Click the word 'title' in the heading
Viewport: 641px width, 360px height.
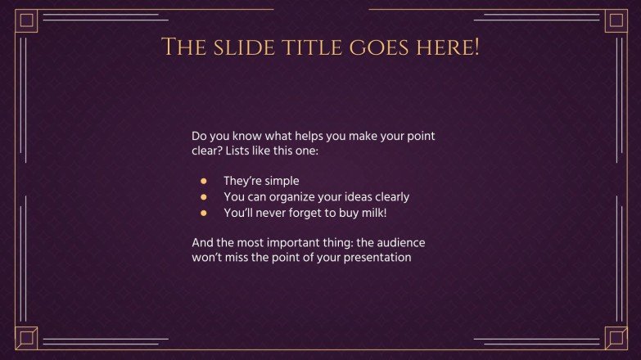coord(314,47)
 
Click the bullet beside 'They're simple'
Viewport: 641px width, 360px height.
coord(204,181)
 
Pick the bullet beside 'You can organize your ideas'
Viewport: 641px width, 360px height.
coord(204,197)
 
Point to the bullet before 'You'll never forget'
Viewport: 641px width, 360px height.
coord(204,213)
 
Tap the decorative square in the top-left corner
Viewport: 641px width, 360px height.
coord(27,21)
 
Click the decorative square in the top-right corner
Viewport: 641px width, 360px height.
coord(615,21)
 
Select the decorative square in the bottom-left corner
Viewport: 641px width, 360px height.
coord(27,337)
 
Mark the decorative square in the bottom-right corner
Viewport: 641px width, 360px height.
coord(615,337)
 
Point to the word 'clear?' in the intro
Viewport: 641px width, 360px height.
coord(206,151)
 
